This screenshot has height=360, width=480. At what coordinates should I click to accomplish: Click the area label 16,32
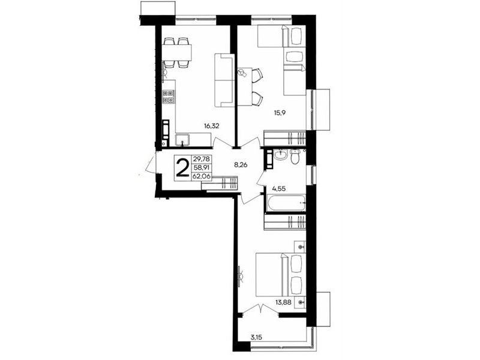[x=212, y=125]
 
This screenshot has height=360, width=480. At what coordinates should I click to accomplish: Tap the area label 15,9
[x=280, y=113]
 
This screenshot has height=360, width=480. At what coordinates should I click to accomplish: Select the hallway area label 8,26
[x=241, y=164]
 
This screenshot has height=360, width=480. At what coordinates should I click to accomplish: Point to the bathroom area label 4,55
[x=279, y=189]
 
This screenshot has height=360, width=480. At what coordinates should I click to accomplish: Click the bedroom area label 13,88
[x=283, y=302]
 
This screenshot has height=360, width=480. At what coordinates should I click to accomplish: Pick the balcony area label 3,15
[x=256, y=338]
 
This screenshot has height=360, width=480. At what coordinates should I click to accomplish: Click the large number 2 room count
[x=183, y=169]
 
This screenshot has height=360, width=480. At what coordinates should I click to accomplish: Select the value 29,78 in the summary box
[x=202, y=159]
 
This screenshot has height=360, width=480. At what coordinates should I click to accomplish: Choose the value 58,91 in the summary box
[x=202, y=167]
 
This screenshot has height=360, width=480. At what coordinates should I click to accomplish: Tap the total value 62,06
[x=202, y=176]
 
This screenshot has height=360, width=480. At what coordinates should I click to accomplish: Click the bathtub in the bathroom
[x=286, y=202]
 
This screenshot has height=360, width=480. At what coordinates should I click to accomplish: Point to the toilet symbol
[x=295, y=157]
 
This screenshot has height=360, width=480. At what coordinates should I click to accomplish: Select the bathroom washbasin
[x=280, y=155]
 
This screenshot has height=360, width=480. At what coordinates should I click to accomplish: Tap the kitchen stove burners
[x=169, y=97]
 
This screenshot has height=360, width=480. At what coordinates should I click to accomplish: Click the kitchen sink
[x=183, y=140]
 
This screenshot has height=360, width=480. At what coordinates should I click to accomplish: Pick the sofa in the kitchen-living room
[x=224, y=80]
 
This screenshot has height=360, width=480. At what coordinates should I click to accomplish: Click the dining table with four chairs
[x=178, y=52]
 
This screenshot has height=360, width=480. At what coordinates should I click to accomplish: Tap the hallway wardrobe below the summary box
[x=220, y=183]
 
